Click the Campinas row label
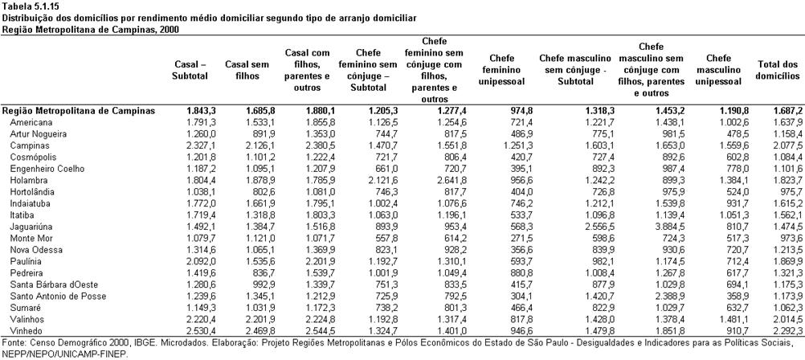point(26,146)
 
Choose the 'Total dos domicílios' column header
point(778,71)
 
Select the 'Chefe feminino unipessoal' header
point(501,71)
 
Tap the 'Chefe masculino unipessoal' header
point(718,71)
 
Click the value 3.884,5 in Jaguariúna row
point(671,227)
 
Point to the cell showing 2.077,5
point(787,146)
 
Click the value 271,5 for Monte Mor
point(515,239)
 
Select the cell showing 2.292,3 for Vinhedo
point(787,331)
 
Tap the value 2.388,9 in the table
point(671,296)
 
